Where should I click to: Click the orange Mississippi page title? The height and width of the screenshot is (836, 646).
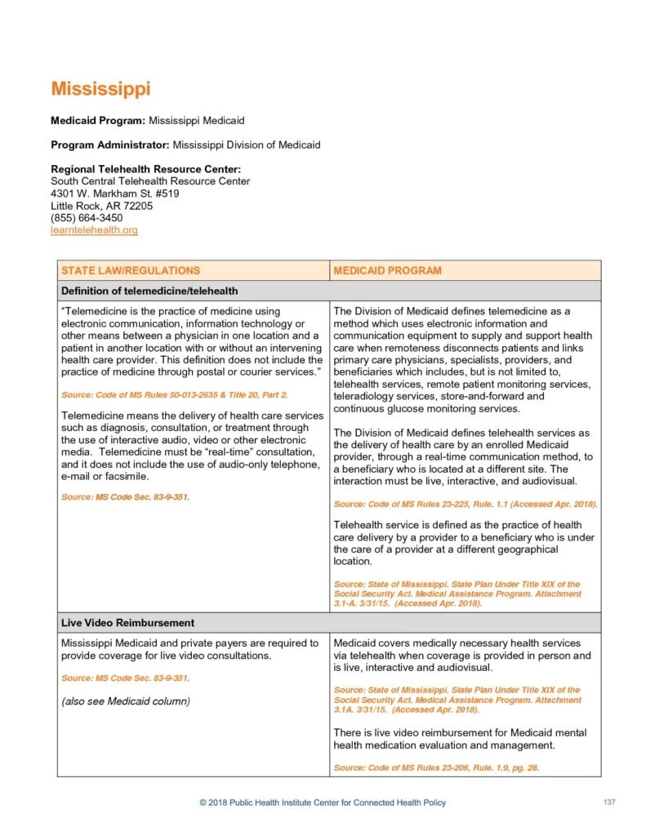pos(100,89)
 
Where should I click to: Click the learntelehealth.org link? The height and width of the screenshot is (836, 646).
pos(94,231)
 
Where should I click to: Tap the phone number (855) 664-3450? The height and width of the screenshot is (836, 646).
pos(87,219)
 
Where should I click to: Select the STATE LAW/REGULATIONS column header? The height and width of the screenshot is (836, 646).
pos(131,270)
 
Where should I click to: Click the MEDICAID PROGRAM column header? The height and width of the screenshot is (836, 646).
pos(387,270)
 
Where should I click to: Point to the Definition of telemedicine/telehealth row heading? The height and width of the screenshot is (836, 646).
pos(149,291)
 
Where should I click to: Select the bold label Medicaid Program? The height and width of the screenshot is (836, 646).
pos(98,121)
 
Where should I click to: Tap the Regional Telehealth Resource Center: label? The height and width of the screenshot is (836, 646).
pos(145,169)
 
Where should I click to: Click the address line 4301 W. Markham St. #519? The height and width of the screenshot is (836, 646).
pos(115,194)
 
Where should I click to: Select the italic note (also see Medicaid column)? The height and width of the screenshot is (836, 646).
pos(126,701)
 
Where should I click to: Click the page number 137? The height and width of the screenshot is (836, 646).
pos(609,803)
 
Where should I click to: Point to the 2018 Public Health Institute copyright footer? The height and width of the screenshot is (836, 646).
pos(323,803)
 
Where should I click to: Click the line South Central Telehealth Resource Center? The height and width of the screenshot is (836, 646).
pos(150,181)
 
